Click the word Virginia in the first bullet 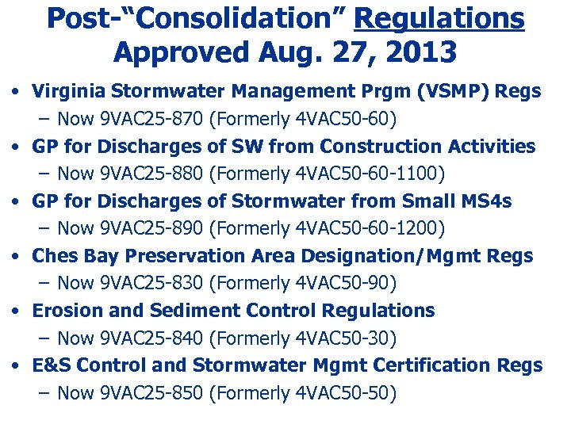click(x=67, y=91)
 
